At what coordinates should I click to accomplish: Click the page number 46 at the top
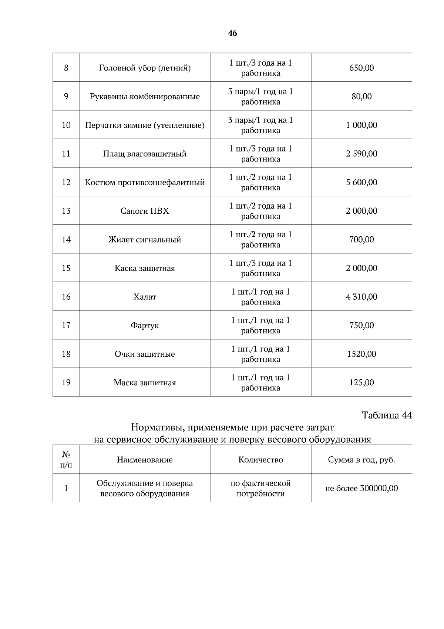[232, 33]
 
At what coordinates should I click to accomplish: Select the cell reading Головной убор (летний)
[145, 68]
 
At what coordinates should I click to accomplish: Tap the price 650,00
[361, 68]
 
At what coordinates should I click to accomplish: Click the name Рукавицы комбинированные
[145, 97]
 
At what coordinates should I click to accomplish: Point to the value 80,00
[361, 97]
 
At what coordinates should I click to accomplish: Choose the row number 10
[66, 125]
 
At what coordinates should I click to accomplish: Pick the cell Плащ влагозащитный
[145, 154]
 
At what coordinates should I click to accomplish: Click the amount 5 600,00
[361, 182]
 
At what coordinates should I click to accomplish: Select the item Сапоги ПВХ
[145, 211]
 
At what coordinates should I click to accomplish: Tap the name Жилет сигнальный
[145, 240]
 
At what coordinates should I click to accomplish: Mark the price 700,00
[361, 240]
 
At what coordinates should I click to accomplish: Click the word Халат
[145, 297]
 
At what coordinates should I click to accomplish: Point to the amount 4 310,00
[361, 297]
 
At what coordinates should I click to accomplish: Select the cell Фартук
[145, 326]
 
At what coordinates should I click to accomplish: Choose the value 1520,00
[361, 354]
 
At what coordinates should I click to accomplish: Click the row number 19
[66, 383]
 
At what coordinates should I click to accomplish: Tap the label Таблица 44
[386, 415]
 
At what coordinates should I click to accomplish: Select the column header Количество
[260, 460]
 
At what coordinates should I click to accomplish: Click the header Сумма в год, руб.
[361, 460]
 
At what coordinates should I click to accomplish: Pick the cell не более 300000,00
[361, 489]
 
